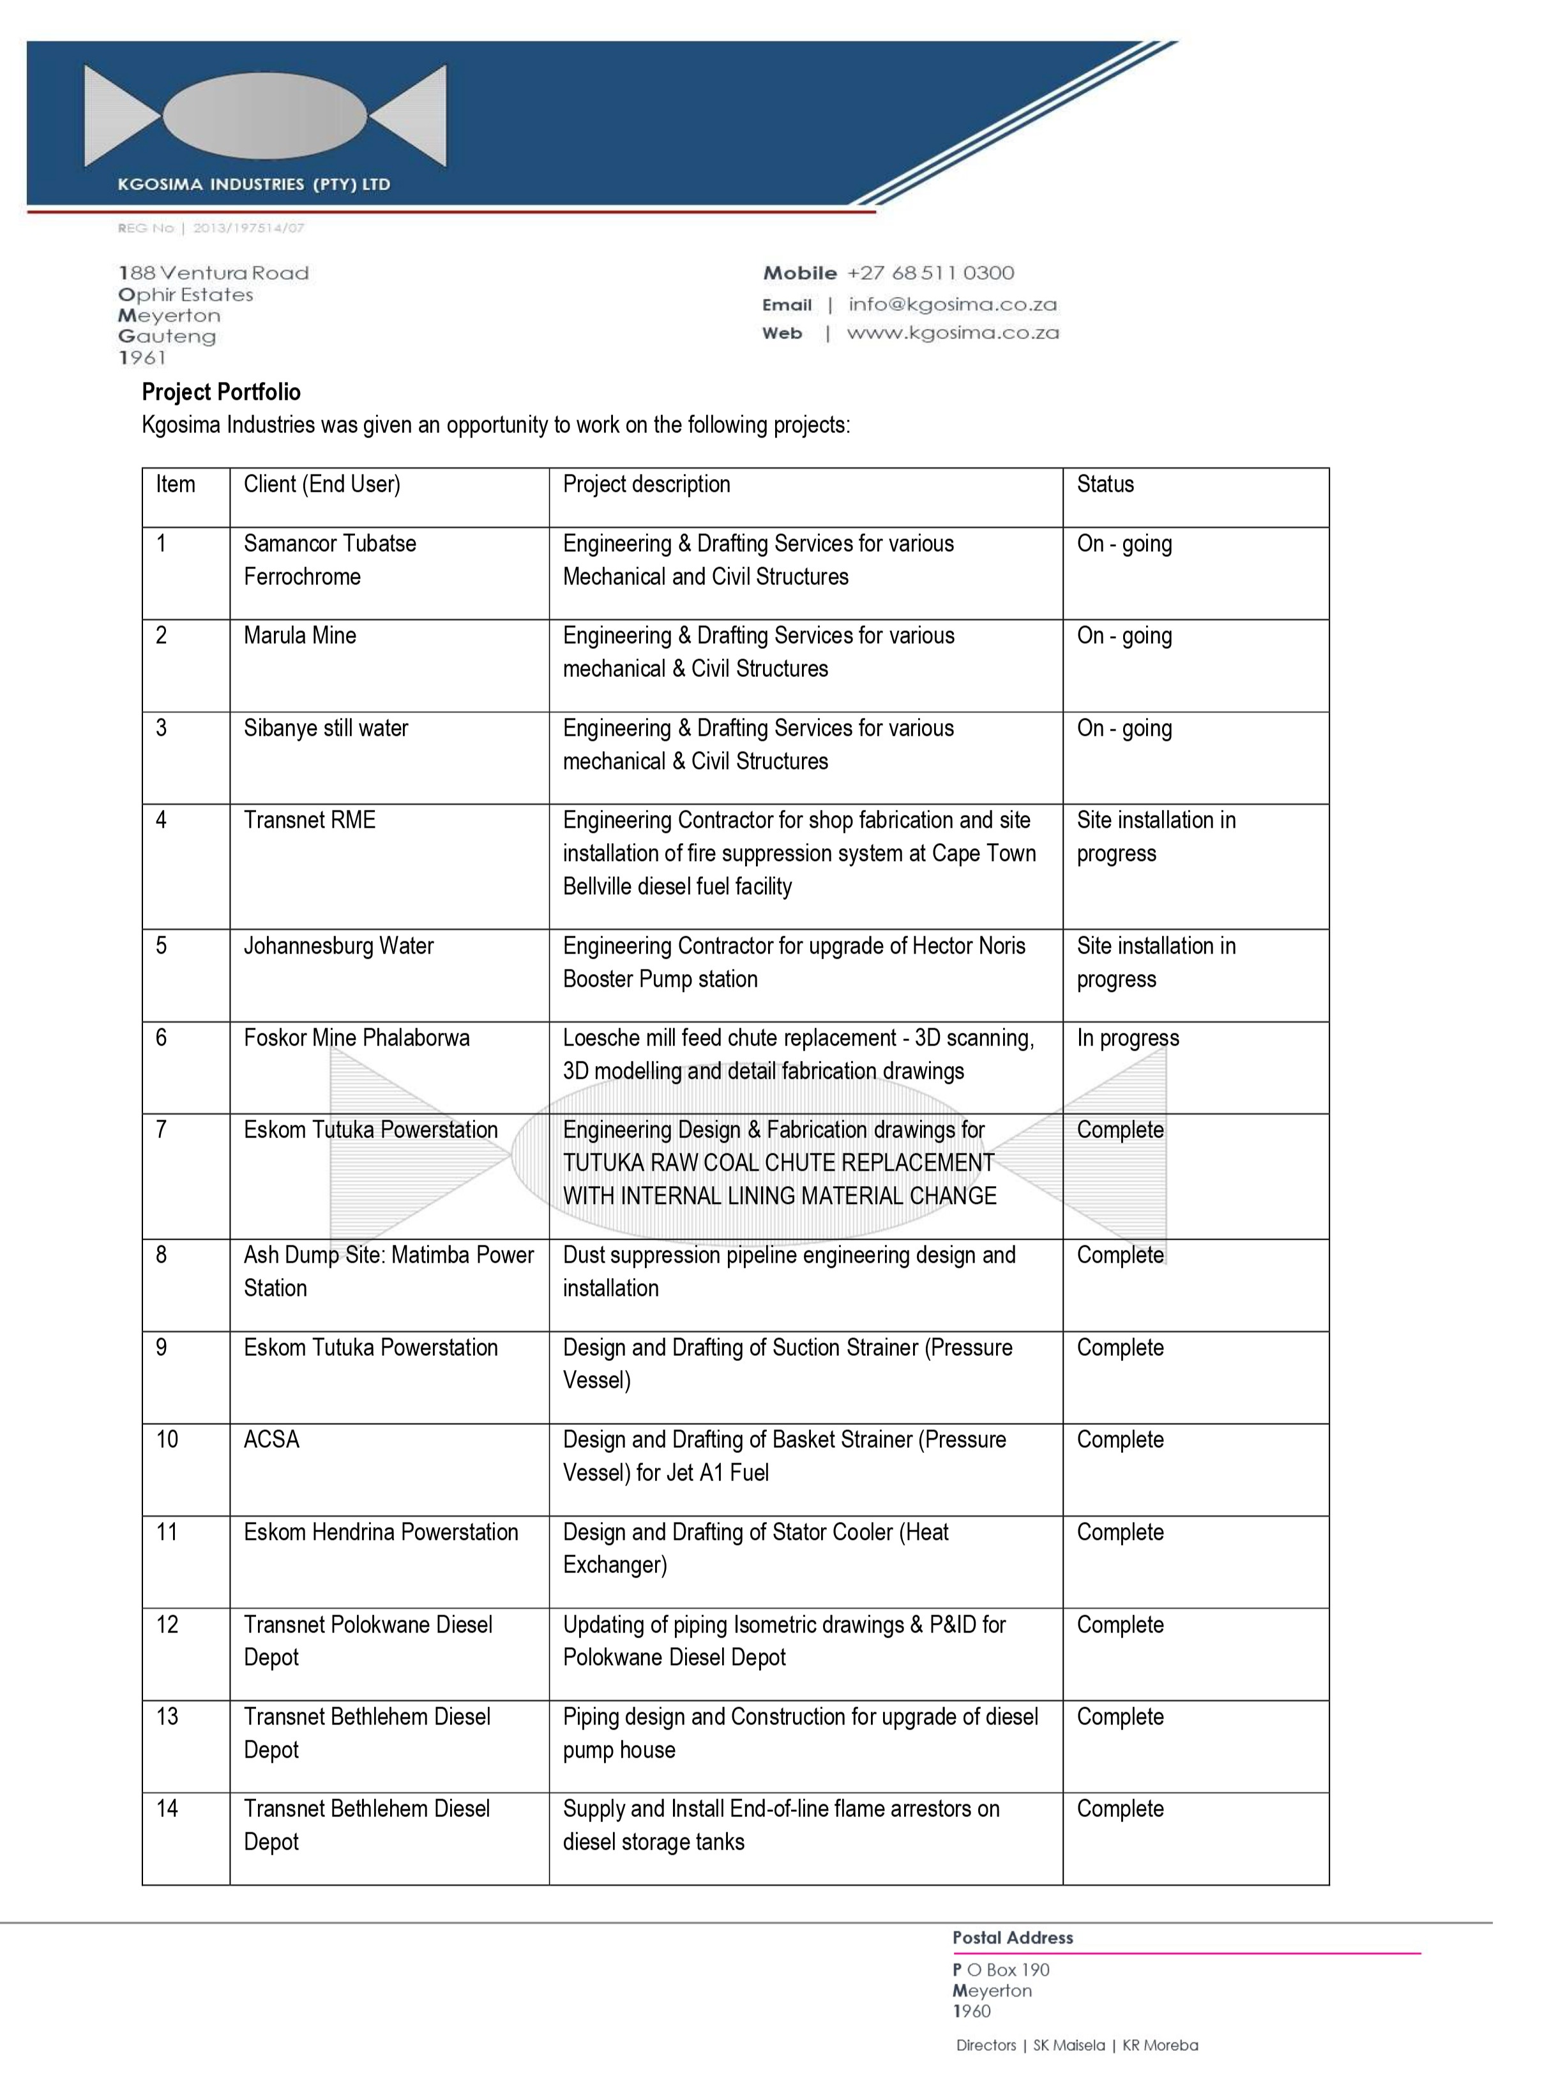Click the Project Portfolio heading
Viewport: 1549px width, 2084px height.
[x=222, y=392]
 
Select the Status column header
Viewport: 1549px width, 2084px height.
[x=1105, y=484]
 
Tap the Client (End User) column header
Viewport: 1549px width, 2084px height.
[x=322, y=484]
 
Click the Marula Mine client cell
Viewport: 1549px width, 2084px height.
[x=300, y=636]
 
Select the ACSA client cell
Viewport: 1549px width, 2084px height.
[x=272, y=1440]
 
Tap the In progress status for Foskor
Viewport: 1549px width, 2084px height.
[x=1128, y=1038]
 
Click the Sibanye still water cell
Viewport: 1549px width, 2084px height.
[x=326, y=728]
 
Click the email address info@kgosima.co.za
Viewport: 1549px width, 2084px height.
[x=952, y=305]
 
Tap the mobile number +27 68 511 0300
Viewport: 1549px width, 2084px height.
[x=930, y=273]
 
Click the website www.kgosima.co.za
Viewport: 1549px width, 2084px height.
[x=953, y=333]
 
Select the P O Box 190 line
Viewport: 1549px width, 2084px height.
[x=1001, y=1970]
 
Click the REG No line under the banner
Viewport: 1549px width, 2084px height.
[x=211, y=228]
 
